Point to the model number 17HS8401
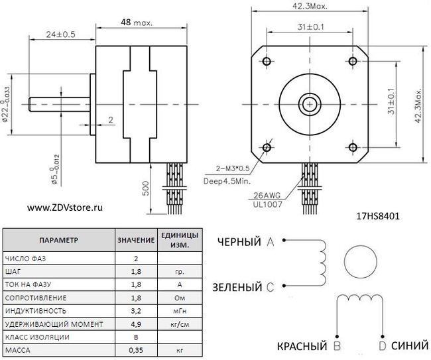pyautogui.click(x=379, y=215)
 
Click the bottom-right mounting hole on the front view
pyautogui.click(x=353, y=147)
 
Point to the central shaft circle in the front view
pyautogui.click(x=310, y=103)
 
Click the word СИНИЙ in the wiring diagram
pyautogui.click(x=406, y=346)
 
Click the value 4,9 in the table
pyautogui.click(x=136, y=324)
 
